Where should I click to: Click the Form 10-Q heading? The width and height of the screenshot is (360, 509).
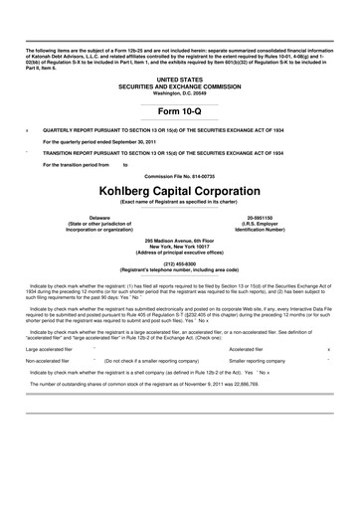(x=180, y=112)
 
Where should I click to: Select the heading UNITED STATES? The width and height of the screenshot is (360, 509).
(x=180, y=78)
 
